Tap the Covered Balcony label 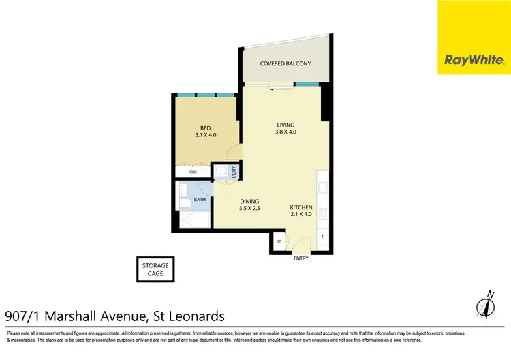pos(285,63)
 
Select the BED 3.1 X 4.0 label pos(205,131)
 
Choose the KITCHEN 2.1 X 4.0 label pos(301,211)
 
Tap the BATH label pos(200,200)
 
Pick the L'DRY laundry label pos(233,172)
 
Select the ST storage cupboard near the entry pos(279,241)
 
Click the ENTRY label pos(300,258)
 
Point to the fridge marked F pos(322,237)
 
